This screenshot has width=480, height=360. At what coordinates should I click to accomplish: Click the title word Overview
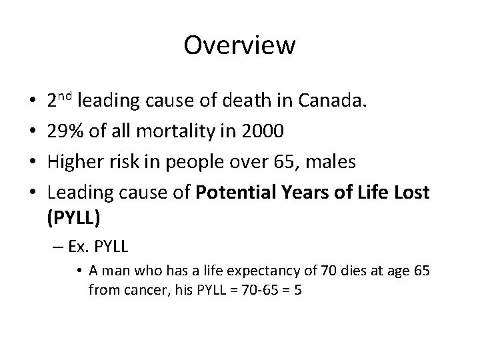pyautogui.click(x=239, y=45)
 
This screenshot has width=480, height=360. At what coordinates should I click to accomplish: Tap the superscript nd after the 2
pyautogui.click(x=65, y=97)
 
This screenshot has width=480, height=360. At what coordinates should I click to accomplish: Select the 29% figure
pyautogui.click(x=64, y=131)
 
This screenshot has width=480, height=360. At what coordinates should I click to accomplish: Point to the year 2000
pyautogui.click(x=267, y=131)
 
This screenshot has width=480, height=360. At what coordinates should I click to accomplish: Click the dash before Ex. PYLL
pyautogui.click(x=55, y=247)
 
